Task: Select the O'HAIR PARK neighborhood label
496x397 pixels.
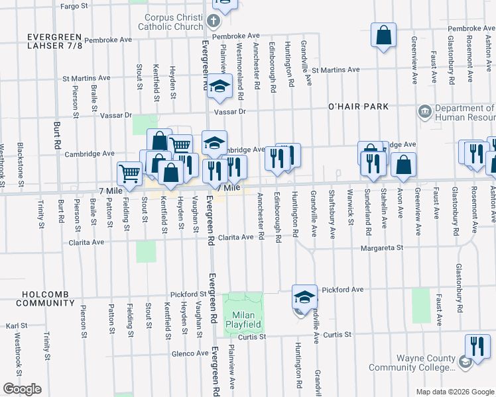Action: coord(357,107)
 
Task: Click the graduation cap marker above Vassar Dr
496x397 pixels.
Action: coord(218,87)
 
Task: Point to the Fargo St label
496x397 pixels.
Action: coord(74,6)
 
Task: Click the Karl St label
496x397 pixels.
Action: coord(16,326)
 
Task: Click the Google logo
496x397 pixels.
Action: coord(22,389)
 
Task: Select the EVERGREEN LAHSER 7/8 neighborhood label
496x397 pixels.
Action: coord(54,40)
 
